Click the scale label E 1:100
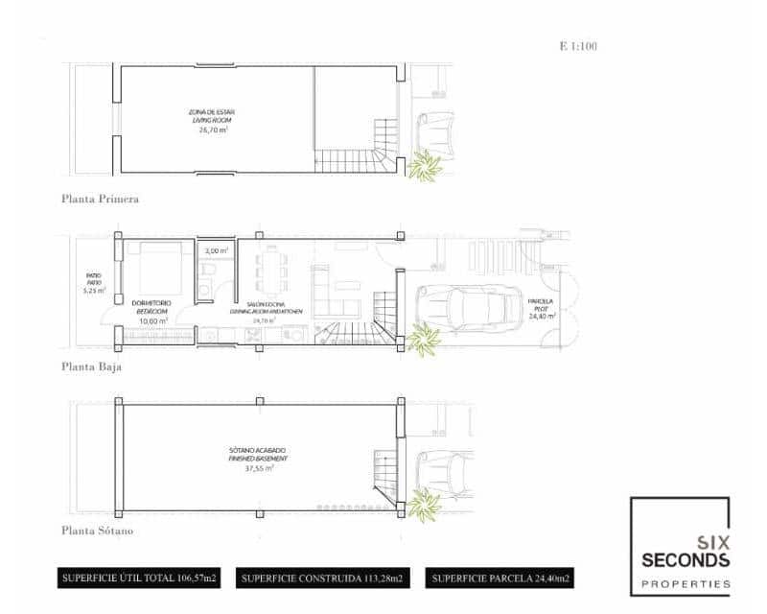[x=578, y=45]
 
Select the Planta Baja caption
[x=91, y=366]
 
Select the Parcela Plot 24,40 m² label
[x=539, y=307]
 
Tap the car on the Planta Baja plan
[x=469, y=308]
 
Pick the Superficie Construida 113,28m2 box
[x=321, y=579]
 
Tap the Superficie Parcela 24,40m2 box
[x=502, y=579]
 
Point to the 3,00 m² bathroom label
[x=218, y=251]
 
